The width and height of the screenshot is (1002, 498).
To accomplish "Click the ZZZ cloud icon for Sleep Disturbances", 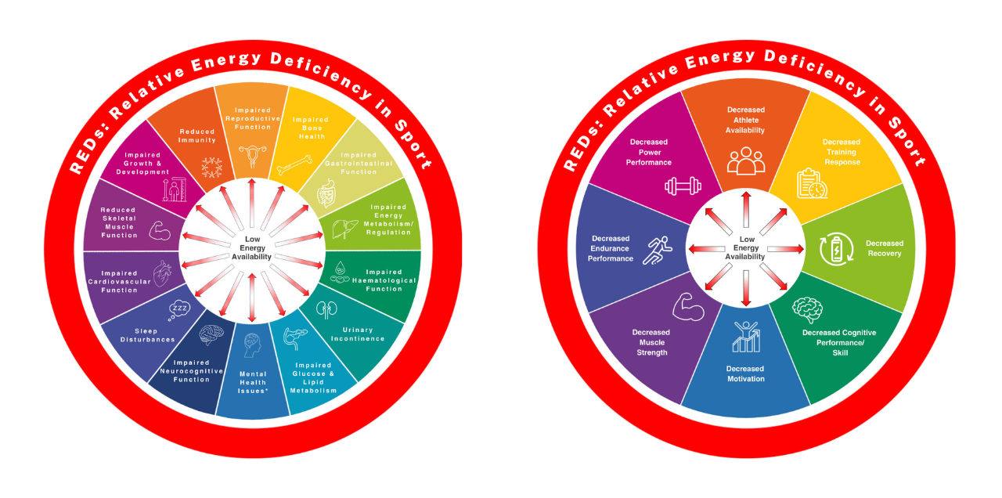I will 178,311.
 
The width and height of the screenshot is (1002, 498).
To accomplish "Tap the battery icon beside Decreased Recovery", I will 835,249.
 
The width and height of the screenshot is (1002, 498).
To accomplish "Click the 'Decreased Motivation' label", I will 744,373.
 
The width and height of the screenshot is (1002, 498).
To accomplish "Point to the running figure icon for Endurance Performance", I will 656,250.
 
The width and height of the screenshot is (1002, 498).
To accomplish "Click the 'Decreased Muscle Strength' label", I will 651,342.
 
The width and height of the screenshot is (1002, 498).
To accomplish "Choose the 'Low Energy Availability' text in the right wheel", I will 745,247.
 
